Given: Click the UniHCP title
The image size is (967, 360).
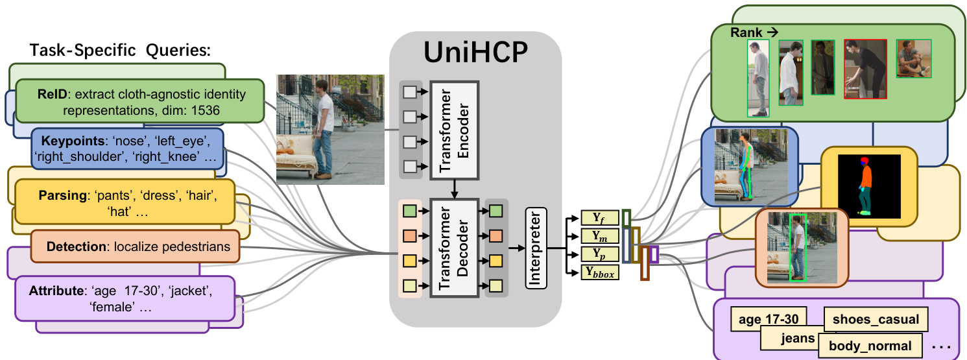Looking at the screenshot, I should coord(475,53).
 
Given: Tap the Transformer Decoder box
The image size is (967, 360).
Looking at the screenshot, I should coord(453,248).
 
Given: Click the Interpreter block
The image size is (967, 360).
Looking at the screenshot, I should coord(536,248).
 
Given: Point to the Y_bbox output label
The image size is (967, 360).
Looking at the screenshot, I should coord(600,274).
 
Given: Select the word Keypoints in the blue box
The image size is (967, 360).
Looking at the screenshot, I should coord(68,141).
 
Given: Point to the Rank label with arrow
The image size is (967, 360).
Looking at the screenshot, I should coord(754,32).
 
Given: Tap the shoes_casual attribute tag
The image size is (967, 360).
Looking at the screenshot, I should coord(876,319).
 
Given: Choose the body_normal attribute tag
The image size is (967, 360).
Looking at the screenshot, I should coord(870,346).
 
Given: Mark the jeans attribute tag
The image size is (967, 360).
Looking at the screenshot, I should coord(797,338).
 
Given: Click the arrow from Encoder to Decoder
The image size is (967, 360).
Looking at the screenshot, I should coord(454,188).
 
